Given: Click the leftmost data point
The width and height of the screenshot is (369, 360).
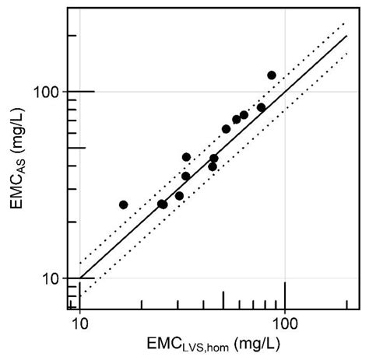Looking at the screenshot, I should pos(123,204).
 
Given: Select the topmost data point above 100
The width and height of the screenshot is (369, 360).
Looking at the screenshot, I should pos(272,75).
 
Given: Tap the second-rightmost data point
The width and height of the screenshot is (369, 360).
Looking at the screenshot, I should pos(261,107).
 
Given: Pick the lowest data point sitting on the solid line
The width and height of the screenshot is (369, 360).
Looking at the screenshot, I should pos(162,204).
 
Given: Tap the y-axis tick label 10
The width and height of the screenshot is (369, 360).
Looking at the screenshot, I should pos(54,278).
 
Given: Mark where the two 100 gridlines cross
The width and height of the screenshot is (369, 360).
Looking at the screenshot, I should pos(285,92).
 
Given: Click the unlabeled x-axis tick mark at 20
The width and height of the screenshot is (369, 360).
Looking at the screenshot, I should pos(142,305).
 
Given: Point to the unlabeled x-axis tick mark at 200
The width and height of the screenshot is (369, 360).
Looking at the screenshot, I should pos(347,305).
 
